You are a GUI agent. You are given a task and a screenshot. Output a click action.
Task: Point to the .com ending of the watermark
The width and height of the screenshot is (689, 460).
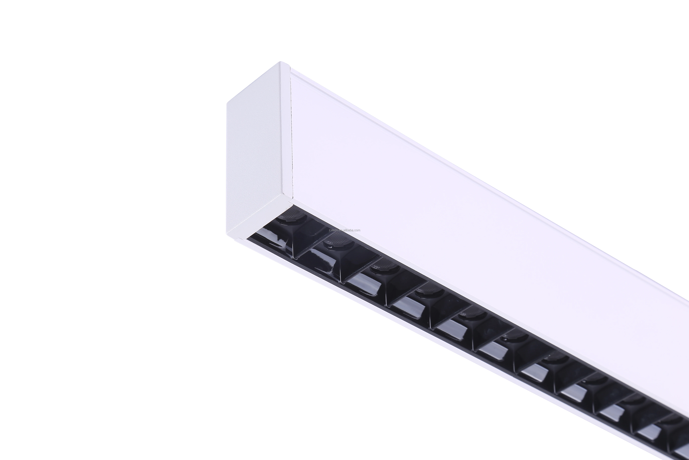click(357, 230)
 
